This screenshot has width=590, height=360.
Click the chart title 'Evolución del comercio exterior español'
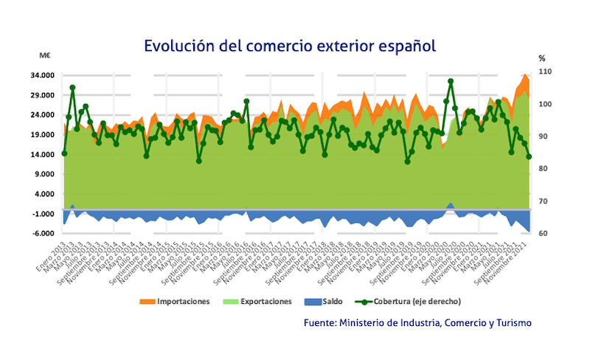(290, 46)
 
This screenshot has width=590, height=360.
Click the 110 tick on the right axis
(545, 72)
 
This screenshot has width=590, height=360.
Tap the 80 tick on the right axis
(543, 169)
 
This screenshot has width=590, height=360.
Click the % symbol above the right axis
(541, 58)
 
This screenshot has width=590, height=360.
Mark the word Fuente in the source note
(320, 322)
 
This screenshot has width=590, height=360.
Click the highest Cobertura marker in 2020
(451, 81)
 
